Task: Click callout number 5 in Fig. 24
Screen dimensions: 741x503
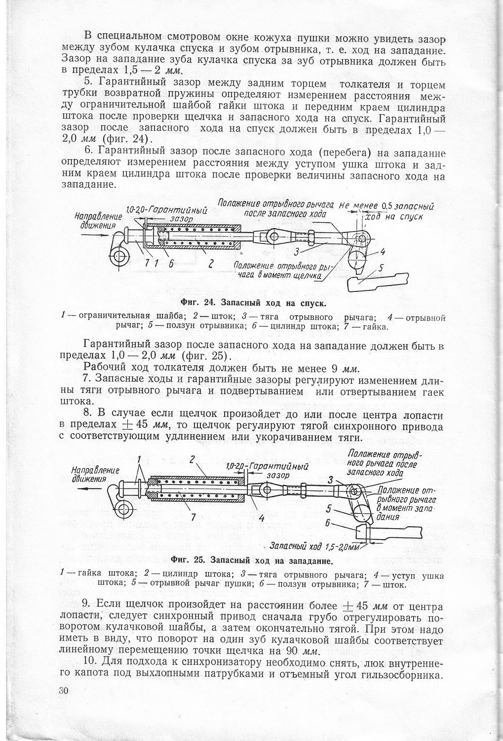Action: [x=381, y=268]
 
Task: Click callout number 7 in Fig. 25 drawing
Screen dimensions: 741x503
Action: [x=193, y=517]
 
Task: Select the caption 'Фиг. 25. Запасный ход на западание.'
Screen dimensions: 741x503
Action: [x=251, y=560]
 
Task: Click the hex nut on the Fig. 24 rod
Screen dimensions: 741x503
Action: [x=312, y=236]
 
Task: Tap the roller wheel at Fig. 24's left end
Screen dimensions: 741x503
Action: [x=119, y=256]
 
